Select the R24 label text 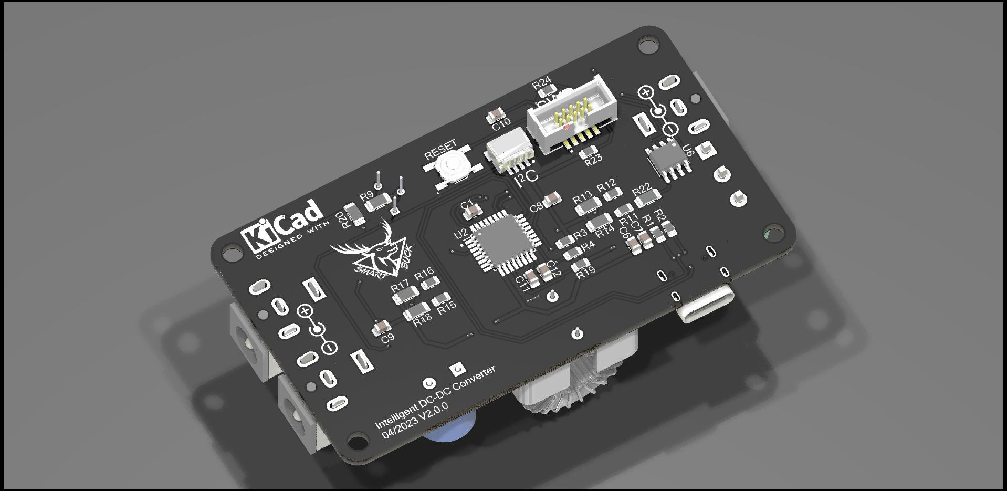(x=542, y=82)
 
